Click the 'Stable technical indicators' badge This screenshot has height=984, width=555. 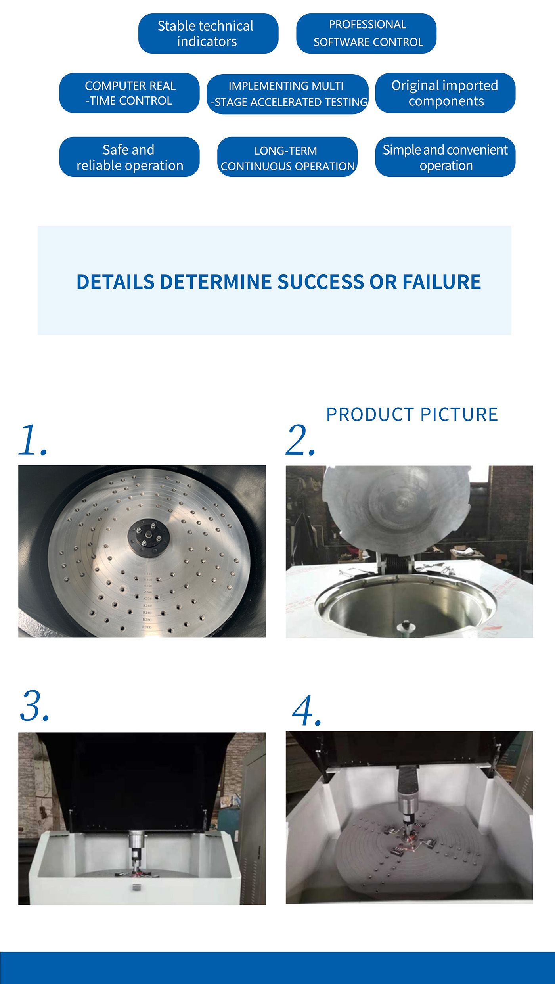click(x=208, y=34)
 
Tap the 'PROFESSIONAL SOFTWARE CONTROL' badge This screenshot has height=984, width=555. click(x=366, y=34)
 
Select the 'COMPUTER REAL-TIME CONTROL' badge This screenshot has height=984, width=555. click(x=129, y=93)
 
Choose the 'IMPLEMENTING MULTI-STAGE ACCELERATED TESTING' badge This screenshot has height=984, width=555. click(x=287, y=94)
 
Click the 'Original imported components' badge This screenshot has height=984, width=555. click(x=445, y=93)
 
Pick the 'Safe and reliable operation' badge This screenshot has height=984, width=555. click(x=129, y=157)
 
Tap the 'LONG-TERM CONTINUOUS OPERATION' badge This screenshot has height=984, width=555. click(x=287, y=157)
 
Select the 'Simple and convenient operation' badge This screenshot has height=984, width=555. click(x=445, y=157)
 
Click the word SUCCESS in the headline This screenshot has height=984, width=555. click(x=320, y=282)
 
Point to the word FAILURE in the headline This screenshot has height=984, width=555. click(x=441, y=282)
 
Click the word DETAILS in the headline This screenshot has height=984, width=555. click(x=115, y=282)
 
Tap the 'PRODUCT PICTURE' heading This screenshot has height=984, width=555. click(x=412, y=415)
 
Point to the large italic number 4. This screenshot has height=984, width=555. click(x=306, y=711)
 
